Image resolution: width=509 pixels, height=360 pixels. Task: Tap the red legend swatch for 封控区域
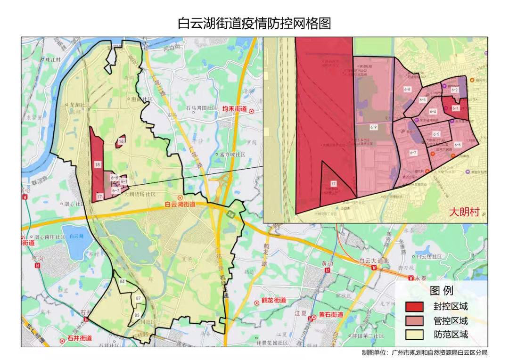(415, 307)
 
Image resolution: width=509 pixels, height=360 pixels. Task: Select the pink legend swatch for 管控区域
(415, 321)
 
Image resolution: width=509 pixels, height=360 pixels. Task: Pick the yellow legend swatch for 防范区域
(415, 335)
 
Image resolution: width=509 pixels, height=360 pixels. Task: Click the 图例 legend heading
(442, 290)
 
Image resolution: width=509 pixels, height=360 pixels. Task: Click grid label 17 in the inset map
(333, 183)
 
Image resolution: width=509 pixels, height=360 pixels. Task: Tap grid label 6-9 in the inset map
(374, 127)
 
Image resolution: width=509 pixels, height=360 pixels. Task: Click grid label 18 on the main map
(98, 165)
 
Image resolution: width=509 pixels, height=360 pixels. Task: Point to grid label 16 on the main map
(121, 141)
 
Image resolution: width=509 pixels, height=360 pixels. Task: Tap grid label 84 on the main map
(123, 282)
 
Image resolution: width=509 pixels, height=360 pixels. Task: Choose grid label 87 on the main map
(138, 299)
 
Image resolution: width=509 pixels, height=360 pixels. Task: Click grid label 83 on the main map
(137, 314)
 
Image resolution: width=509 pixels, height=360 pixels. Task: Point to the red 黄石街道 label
(330, 314)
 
